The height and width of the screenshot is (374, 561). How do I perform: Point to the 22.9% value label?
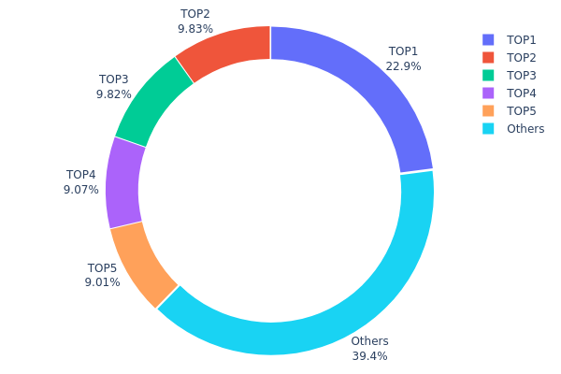click(x=403, y=66)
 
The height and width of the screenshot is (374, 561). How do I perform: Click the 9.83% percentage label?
click(x=194, y=29)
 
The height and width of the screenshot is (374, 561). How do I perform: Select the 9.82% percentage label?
click(x=113, y=94)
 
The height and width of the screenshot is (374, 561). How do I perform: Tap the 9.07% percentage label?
click(x=80, y=190)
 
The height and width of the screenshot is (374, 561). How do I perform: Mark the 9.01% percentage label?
click(x=102, y=282)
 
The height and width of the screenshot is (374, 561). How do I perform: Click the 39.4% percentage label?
click(x=369, y=356)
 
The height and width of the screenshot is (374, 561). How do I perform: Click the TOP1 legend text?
click(x=522, y=40)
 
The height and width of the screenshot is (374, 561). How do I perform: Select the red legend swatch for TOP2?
click(x=488, y=58)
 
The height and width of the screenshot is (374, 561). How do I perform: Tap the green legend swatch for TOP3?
click(x=488, y=76)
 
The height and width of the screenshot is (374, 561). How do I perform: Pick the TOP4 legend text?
click(x=522, y=93)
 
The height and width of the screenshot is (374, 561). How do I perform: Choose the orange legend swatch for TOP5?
click(x=488, y=111)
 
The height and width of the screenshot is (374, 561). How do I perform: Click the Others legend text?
click(x=525, y=129)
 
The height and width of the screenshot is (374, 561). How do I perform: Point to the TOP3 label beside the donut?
click(x=113, y=80)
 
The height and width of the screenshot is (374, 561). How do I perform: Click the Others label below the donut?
click(x=369, y=341)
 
